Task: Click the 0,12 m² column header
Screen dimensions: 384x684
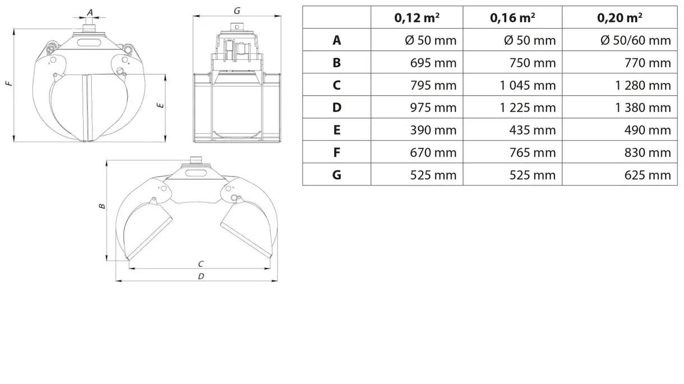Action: pos(417,17)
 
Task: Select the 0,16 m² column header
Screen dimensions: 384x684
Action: pos(512,17)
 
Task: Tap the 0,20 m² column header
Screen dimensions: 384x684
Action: pos(620,17)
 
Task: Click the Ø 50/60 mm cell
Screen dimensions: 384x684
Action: pos(635,40)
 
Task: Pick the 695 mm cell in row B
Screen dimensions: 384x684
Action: pos(433,62)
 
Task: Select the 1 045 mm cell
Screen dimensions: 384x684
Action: pos(528,85)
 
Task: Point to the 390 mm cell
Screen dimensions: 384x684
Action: pos(433,130)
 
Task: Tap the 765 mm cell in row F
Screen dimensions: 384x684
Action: pos(533,152)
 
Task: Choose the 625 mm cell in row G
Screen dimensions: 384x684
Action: pos(648,175)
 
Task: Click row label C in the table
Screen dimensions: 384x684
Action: pos(336,85)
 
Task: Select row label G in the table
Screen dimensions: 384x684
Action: pos(336,175)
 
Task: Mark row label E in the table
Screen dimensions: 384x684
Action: pos(336,130)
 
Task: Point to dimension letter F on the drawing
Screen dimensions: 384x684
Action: pos(8,84)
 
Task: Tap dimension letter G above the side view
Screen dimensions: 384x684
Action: pos(237,10)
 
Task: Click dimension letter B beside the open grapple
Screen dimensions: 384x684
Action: pos(102,206)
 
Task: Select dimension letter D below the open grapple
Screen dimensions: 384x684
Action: pos(201,276)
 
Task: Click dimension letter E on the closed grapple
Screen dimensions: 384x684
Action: pos(161,105)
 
